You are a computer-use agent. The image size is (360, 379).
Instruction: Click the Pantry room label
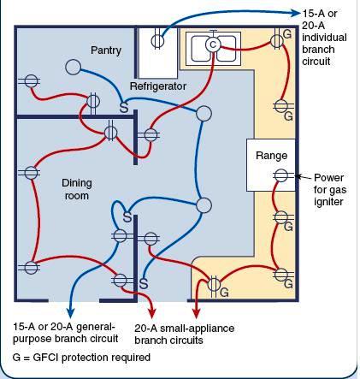point(106,50)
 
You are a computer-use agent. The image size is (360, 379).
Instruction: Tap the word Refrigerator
point(158,87)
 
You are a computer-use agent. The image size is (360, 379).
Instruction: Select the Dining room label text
point(77,189)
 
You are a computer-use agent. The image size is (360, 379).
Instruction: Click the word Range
point(271,156)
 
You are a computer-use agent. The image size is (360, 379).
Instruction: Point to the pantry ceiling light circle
point(74,66)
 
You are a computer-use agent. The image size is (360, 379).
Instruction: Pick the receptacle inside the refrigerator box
point(157,39)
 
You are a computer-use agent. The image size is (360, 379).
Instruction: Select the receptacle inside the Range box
point(280,175)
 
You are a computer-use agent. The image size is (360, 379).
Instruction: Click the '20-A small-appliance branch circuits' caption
point(184,334)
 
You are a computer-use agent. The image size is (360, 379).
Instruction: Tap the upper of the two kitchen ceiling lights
point(203,114)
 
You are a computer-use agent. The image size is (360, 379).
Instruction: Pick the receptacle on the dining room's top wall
point(110,132)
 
